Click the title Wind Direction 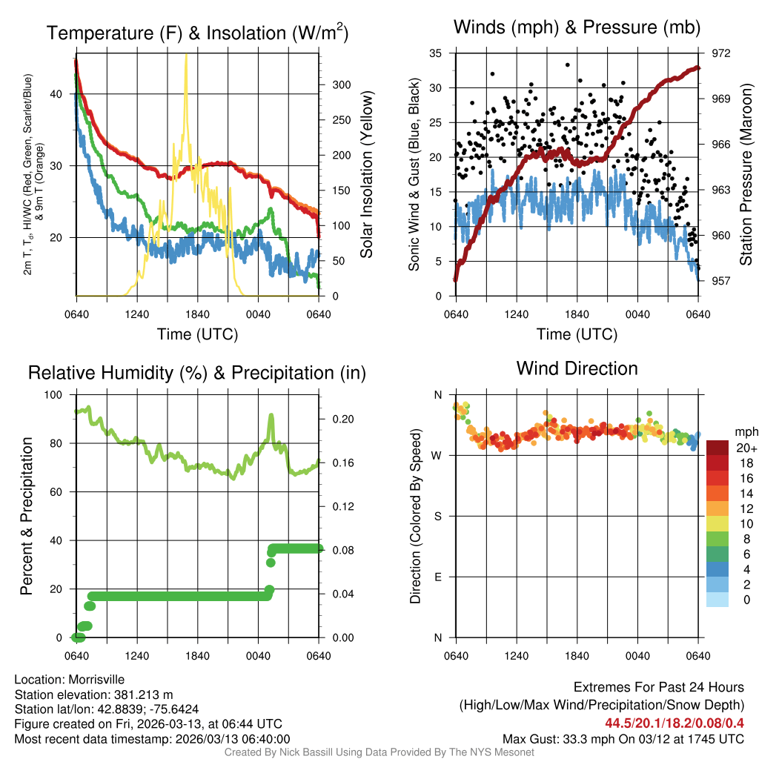pyautogui.click(x=577, y=368)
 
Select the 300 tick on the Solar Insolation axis pyautogui.click(x=340, y=85)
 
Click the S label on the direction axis pyautogui.click(x=437, y=516)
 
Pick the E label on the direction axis pyautogui.click(x=437, y=577)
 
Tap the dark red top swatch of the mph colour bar pyautogui.click(x=717, y=448)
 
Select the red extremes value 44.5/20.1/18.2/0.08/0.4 pyautogui.click(x=675, y=723)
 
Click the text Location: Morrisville pyautogui.click(x=69, y=680)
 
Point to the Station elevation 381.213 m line pyautogui.click(x=93, y=695)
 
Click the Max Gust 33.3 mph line pyautogui.click(x=623, y=738)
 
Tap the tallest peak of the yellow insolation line pyautogui.click(x=186, y=56)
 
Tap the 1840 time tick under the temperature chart pyautogui.click(x=198, y=314)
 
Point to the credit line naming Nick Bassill pyautogui.click(x=379, y=752)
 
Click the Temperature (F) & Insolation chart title pyautogui.click(x=197, y=33)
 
